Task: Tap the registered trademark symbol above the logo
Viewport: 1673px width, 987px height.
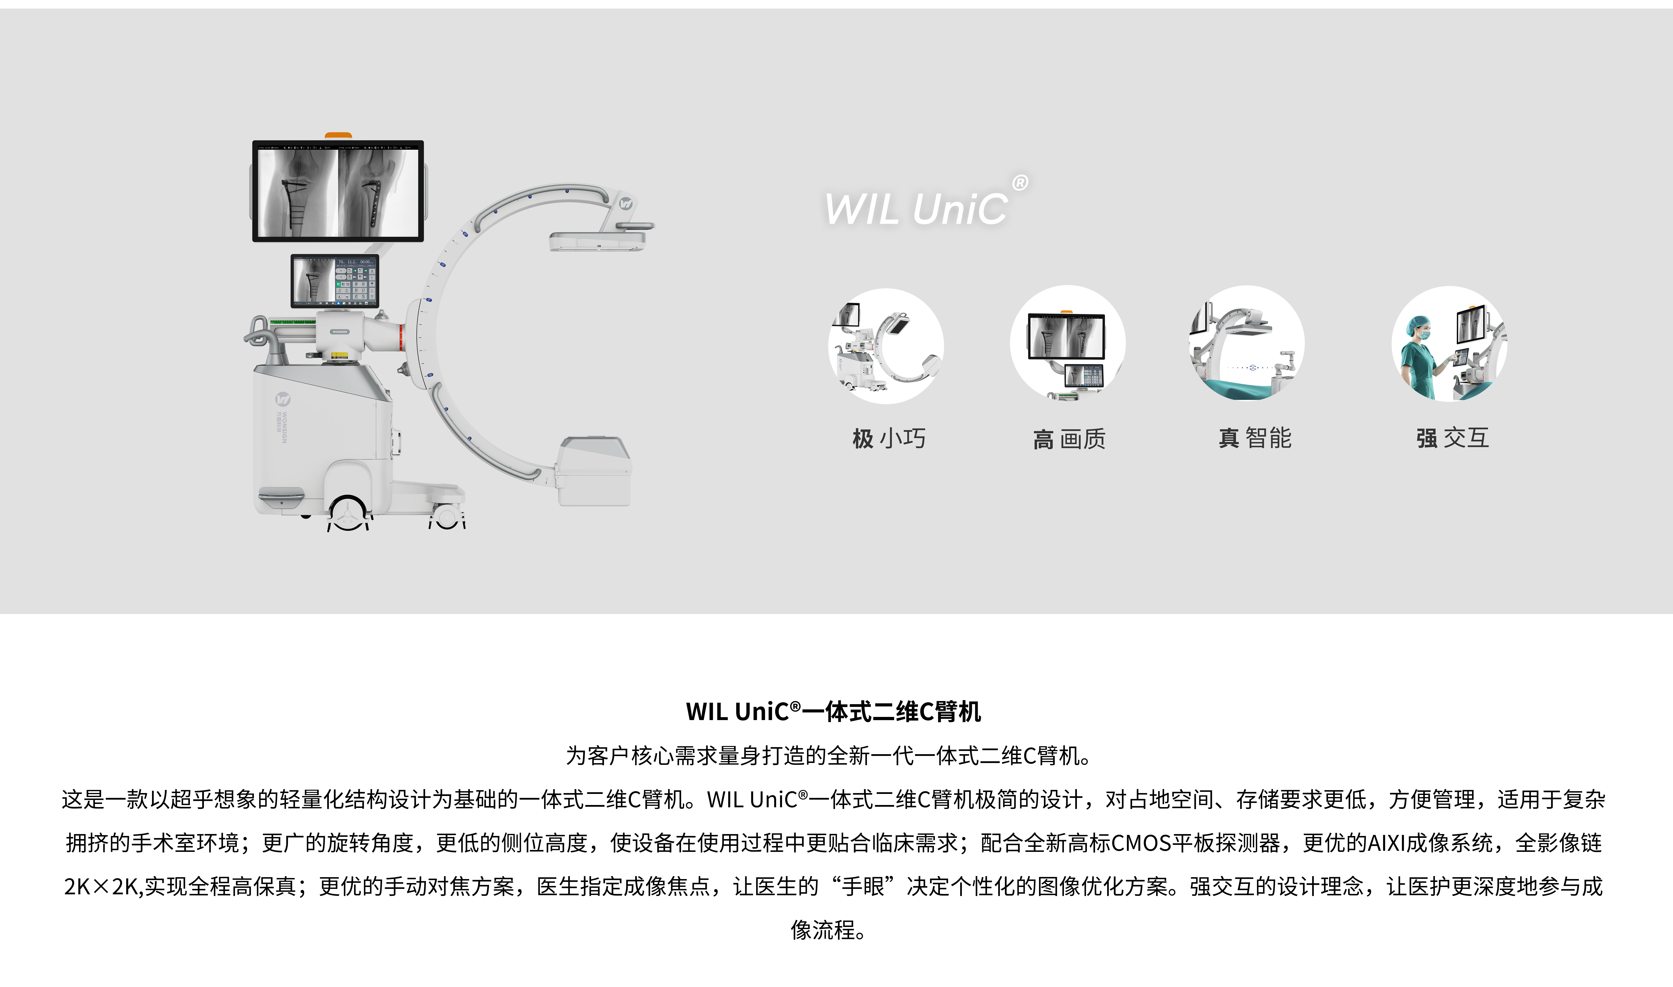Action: pos(1020,182)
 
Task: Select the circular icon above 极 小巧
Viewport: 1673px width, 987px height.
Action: pos(886,346)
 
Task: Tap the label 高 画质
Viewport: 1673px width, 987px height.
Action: pos(1070,439)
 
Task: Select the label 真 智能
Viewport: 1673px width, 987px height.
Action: pos(1255,438)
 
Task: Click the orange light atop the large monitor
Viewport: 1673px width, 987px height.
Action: pos(338,136)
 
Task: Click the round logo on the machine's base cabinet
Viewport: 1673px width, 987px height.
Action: pos(282,398)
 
